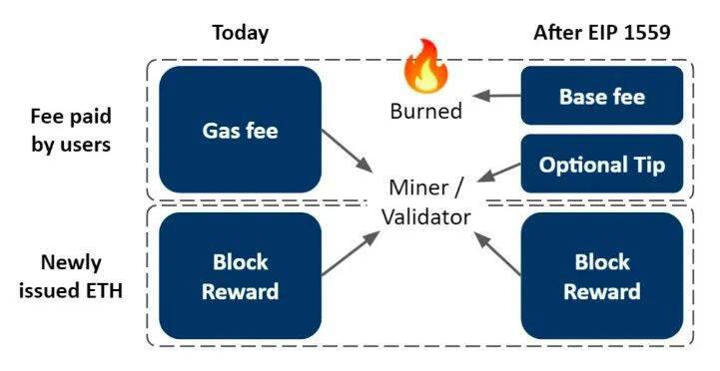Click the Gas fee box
[240, 130]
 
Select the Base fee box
[602, 96]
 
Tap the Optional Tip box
[602, 164]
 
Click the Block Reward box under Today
[240, 276]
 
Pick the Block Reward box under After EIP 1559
[602, 276]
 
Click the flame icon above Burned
[425, 67]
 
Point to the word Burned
[426, 111]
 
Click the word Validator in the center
[426, 216]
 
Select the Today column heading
[240, 33]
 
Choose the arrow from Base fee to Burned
[496, 96]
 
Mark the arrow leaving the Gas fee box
[347, 151]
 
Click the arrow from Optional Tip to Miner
[499, 173]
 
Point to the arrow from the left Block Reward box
[351, 253]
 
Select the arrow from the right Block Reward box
[497, 253]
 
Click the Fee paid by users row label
[71, 131]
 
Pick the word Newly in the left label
[71, 263]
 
